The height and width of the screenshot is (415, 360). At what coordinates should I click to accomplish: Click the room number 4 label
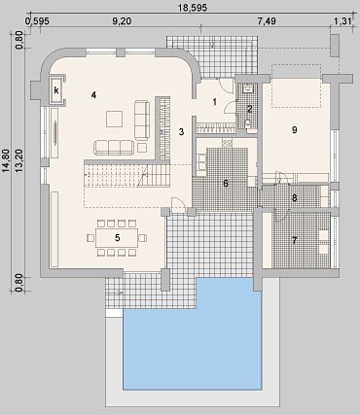93,95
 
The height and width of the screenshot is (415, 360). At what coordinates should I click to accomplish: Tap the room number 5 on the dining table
118,238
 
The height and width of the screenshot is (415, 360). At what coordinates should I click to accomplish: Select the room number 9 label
295,130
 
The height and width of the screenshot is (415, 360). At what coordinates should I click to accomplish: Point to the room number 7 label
295,240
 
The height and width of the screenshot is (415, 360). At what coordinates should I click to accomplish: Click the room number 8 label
295,198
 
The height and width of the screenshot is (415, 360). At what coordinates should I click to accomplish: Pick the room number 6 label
226,184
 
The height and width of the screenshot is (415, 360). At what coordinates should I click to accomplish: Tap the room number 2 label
249,109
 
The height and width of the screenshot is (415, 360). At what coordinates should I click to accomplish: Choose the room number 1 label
214,102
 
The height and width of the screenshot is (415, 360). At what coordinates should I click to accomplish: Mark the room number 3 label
181,132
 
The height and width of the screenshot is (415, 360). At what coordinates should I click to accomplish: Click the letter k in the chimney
56,90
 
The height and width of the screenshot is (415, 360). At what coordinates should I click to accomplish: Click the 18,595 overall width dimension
193,8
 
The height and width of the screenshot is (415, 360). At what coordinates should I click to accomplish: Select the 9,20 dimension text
122,21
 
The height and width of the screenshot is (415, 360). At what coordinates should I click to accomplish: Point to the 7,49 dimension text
267,21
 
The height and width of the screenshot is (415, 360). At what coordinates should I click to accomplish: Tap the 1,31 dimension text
342,21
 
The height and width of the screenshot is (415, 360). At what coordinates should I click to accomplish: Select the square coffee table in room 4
114,119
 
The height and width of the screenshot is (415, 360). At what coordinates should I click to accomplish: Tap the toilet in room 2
248,123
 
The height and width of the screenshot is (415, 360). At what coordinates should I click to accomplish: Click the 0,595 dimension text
37,21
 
